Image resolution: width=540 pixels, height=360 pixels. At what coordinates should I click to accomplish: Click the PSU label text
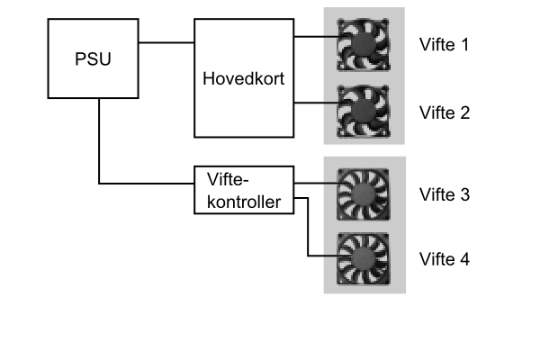tap(93, 58)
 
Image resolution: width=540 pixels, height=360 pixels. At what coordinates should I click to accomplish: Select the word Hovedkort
tap(244, 78)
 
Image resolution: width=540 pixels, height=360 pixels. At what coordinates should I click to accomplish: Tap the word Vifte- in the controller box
tap(228, 179)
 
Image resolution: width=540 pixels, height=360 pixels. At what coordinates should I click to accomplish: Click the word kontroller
tap(244, 202)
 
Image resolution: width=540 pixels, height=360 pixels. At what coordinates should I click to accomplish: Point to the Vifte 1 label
tap(445, 45)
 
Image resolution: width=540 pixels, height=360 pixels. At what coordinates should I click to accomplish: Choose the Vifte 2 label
tap(445, 113)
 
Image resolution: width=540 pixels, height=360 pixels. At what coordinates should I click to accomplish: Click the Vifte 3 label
tap(445, 194)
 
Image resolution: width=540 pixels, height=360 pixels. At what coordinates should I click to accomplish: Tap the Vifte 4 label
tap(445, 259)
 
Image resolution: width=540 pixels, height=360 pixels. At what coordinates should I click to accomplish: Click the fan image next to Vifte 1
tap(364, 45)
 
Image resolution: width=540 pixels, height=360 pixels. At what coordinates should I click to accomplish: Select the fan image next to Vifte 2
tap(364, 112)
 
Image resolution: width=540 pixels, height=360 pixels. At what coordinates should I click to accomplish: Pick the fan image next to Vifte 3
tap(364, 194)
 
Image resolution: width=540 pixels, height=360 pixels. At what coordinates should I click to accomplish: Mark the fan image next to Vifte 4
tap(364, 259)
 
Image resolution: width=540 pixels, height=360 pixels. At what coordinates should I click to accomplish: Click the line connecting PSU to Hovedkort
tap(166, 42)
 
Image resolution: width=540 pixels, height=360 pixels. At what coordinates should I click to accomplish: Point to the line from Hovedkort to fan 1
tap(317, 36)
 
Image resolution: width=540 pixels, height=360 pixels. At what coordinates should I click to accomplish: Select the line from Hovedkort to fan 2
tap(317, 103)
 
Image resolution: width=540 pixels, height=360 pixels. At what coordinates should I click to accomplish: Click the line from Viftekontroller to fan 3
tap(317, 183)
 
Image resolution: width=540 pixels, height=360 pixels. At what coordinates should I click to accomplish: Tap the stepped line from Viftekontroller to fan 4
tap(308, 227)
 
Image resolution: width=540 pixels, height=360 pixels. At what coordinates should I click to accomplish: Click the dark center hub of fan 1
tap(364, 44)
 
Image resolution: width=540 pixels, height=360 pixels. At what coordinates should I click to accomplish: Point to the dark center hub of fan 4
tap(364, 259)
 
